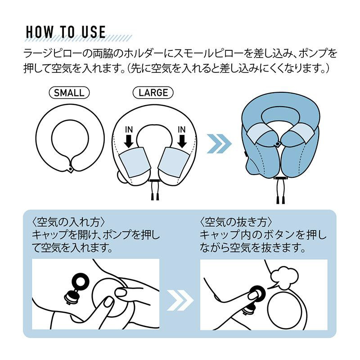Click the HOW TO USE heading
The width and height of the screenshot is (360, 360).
pyautogui.click(x=66, y=32)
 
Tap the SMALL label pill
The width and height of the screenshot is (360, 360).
pyautogui.click(x=69, y=93)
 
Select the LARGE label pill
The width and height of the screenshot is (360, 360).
pyautogui.click(x=153, y=93)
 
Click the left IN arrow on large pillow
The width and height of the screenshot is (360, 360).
pyautogui.click(x=129, y=141)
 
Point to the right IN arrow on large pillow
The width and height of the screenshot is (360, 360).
pyautogui.click(x=182, y=141)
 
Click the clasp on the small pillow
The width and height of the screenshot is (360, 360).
pyautogui.click(x=70, y=169)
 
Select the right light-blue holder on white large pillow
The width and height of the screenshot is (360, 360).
pyautogui.click(x=175, y=162)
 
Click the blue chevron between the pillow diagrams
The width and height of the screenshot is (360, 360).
pyautogui.click(x=219, y=144)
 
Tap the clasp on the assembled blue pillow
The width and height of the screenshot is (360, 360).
pyautogui.click(x=278, y=144)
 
